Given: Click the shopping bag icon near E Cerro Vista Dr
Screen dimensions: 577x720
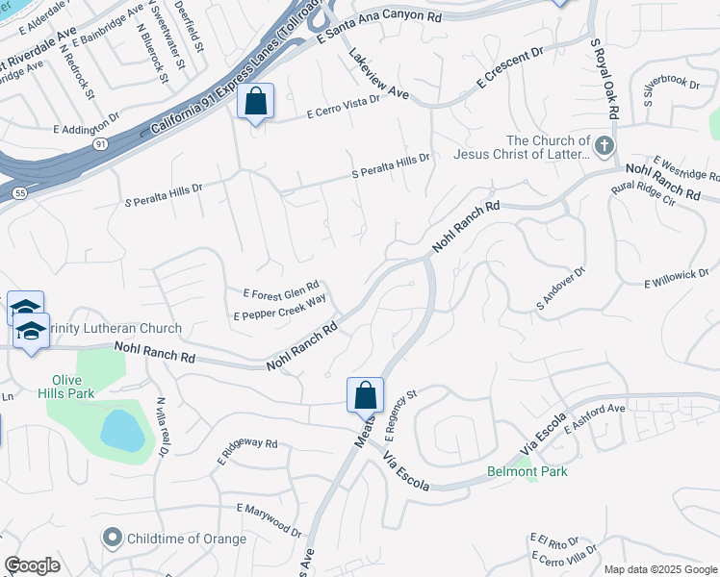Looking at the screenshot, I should pos(256,101).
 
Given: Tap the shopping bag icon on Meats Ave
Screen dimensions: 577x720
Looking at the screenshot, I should pos(366,395).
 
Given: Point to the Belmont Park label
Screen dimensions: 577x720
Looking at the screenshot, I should pos(527,471).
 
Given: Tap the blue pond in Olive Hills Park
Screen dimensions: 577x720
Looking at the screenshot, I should pos(123,431).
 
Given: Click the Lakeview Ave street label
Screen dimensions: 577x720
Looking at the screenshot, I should pos(379,75).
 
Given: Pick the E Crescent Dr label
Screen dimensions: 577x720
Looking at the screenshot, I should pos(509,70).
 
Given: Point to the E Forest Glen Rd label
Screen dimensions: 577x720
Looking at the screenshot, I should pos(281,291).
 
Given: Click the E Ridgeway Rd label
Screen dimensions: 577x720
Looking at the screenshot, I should pos(247,449).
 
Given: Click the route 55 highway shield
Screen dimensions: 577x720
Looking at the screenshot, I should pos(18,193).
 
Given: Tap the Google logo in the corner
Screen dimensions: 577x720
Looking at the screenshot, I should pos(32,565).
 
